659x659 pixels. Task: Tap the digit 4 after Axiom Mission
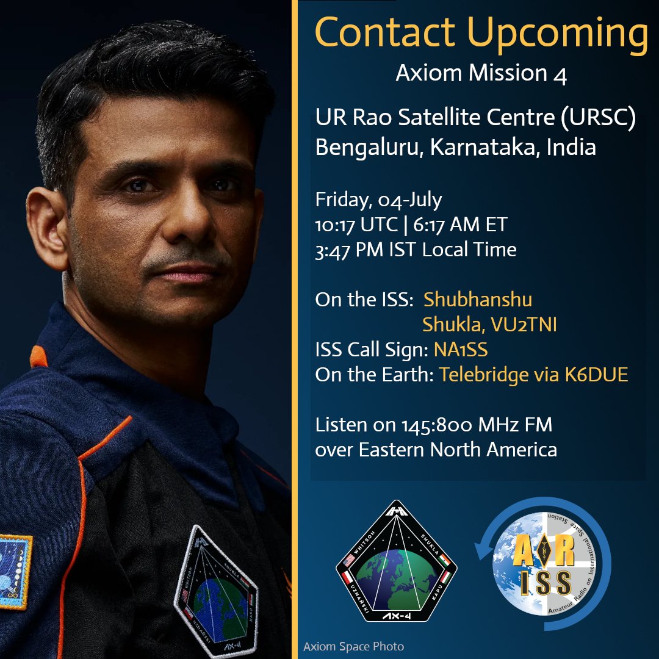[x=561, y=74]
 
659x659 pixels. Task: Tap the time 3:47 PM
[x=351, y=249]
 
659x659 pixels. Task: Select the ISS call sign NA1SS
[x=461, y=350]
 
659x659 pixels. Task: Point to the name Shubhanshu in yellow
[x=478, y=300]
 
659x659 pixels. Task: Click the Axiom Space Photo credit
[x=353, y=646]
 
